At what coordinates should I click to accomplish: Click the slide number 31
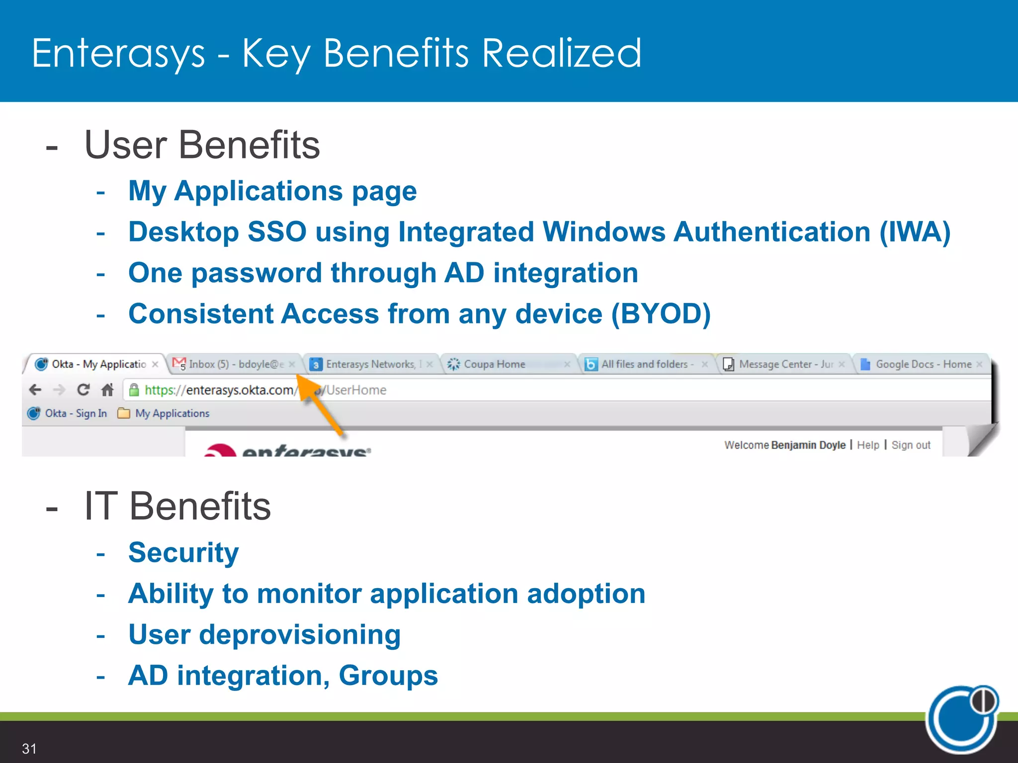click(29, 749)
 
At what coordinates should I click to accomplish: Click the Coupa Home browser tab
click(494, 364)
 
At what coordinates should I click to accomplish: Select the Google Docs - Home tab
click(923, 364)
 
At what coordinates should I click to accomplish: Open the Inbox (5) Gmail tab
click(236, 364)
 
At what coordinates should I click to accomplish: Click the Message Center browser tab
click(785, 364)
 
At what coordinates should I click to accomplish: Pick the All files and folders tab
click(644, 364)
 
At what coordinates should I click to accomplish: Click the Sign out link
click(911, 445)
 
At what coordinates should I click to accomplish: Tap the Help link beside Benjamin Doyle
click(868, 445)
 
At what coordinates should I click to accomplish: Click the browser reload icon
click(84, 390)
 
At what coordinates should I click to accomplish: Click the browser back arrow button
click(35, 390)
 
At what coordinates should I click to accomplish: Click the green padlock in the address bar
click(134, 390)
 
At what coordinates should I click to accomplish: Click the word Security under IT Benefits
click(183, 552)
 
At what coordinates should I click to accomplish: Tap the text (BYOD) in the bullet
click(661, 314)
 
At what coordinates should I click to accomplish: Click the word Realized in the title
click(562, 53)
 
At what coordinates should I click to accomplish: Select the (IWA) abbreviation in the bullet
click(915, 232)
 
